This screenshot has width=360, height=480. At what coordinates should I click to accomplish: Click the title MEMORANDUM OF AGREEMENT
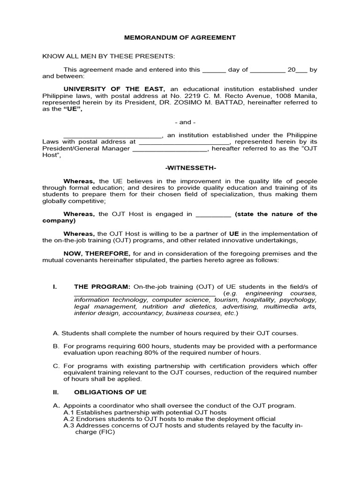pos(180,37)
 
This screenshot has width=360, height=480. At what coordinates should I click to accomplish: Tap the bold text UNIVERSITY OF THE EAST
pos(114,89)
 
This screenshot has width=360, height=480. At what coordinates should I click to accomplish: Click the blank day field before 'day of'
pos(214,70)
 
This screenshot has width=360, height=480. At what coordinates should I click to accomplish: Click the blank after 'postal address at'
pos(184,142)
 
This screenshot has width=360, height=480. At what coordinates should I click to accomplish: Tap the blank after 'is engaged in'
pos(213,215)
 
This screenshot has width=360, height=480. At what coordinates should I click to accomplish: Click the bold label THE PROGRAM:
pos(102,286)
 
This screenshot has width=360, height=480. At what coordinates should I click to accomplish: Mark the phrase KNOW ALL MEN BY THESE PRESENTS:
pos(108,56)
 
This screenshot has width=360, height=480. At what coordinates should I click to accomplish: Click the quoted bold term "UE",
pos(66,109)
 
